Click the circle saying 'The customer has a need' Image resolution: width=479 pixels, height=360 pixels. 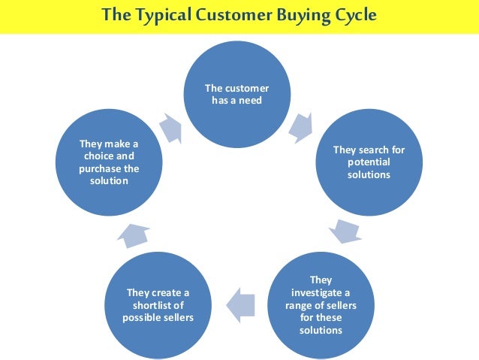click(x=236, y=94)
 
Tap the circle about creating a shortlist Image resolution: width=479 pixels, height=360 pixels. click(x=158, y=304)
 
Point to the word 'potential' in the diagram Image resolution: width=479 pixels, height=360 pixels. click(x=369, y=162)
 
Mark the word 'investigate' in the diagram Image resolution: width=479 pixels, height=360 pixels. click(x=321, y=292)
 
